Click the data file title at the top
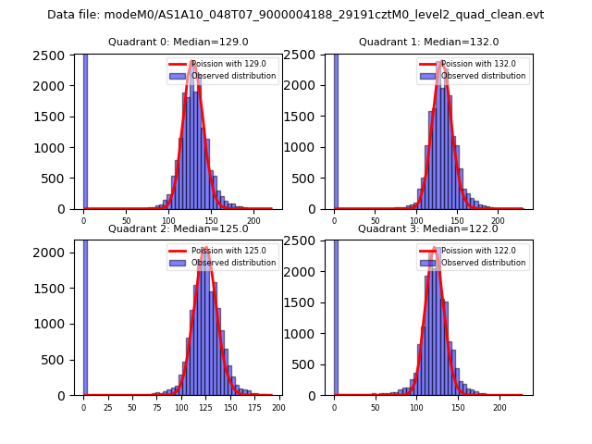pos(295,15)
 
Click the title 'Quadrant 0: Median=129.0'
pos(178,42)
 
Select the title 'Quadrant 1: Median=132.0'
pos(428,42)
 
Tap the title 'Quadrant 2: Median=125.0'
pos(178,228)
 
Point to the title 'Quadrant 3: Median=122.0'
pos(428,228)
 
